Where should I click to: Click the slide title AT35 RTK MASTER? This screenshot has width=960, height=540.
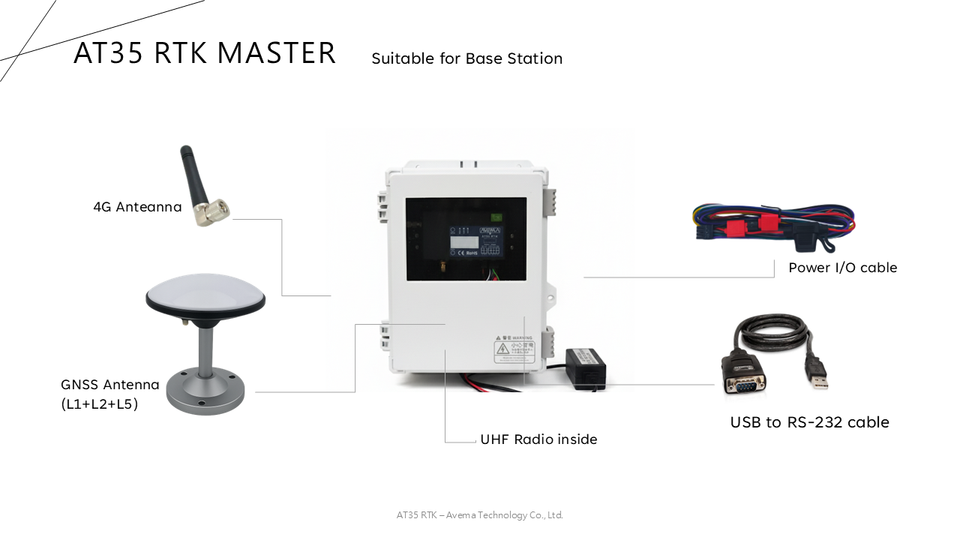[204, 53]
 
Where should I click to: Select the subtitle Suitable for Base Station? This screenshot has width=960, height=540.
[466, 59]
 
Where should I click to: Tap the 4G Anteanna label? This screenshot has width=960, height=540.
[137, 208]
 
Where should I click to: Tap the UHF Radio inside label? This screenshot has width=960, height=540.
[538, 439]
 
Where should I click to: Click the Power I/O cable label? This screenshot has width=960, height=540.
[842, 268]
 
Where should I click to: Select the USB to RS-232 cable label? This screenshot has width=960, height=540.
[809, 422]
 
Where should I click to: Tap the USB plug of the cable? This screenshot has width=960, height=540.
[819, 378]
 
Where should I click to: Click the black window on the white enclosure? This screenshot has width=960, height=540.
[465, 239]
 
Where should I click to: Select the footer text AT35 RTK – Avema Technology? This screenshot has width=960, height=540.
[480, 516]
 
